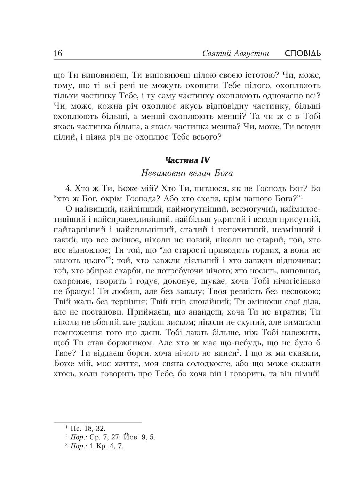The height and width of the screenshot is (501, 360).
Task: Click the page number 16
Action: tap(58, 54)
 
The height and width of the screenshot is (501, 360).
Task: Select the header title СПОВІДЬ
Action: tap(302, 54)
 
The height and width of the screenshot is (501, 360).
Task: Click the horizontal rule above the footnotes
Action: tap(98, 422)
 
